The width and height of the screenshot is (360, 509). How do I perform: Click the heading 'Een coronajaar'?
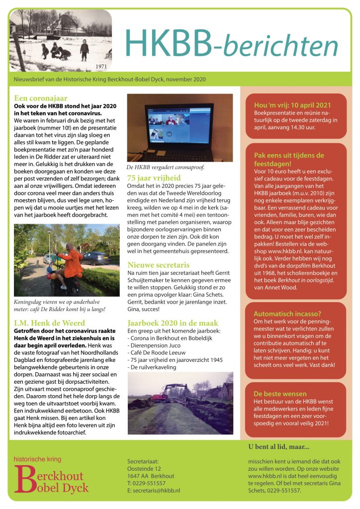[41, 98]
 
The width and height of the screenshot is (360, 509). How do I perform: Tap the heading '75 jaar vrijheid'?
[154, 177]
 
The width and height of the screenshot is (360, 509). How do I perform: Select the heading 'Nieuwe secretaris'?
[160, 265]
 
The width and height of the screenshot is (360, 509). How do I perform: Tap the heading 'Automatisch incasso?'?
[287, 314]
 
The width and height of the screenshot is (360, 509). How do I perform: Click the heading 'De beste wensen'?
[280, 393]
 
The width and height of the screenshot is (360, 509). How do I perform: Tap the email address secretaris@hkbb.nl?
[156, 490]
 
